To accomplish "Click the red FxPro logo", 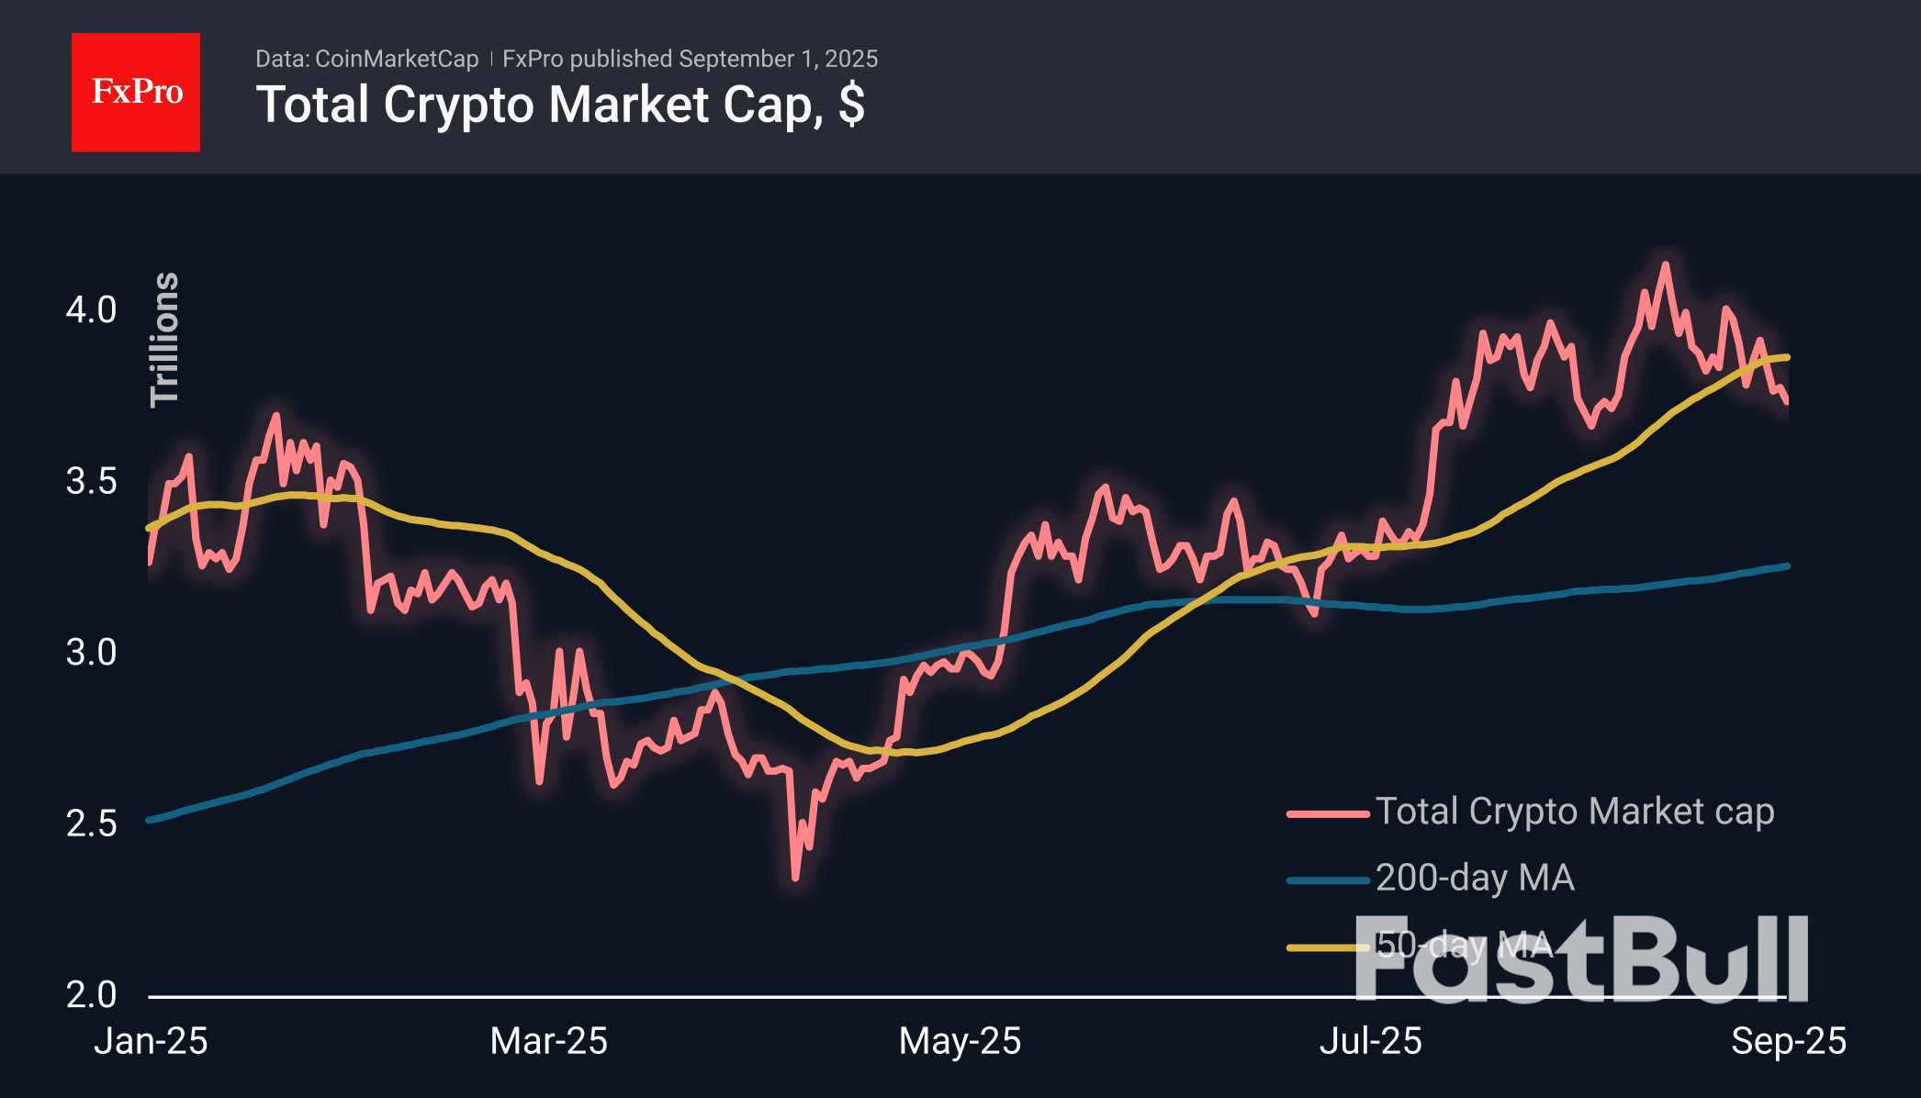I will (136, 92).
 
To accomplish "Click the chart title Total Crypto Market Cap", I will (560, 105).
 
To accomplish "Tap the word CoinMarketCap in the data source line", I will (397, 59).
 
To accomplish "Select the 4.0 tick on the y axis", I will (91, 310).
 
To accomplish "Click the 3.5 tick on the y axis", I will (91, 481).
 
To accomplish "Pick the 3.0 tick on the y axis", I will (91, 653).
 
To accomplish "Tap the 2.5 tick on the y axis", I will (91, 823).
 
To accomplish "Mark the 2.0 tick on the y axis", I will (91, 994).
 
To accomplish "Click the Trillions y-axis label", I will (164, 339).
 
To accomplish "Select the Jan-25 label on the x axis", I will (151, 1041).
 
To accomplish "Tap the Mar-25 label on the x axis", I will (548, 1041).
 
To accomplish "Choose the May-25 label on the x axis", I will (960, 1041).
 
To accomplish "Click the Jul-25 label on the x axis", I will (1370, 1041).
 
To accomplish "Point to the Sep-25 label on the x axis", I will (1788, 1041).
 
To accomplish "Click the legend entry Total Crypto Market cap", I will (1574, 812).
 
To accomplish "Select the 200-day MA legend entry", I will (1475, 878).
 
